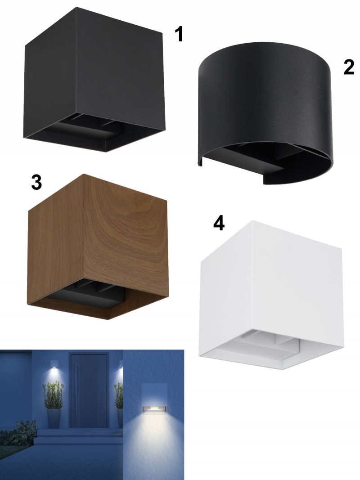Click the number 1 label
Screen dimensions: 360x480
[179, 34]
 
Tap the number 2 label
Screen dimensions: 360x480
[349, 67]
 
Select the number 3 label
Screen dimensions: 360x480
[36, 183]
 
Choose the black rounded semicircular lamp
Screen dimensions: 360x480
[265, 113]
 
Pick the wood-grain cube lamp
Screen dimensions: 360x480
[98, 247]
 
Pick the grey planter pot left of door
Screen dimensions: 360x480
[54, 418]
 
